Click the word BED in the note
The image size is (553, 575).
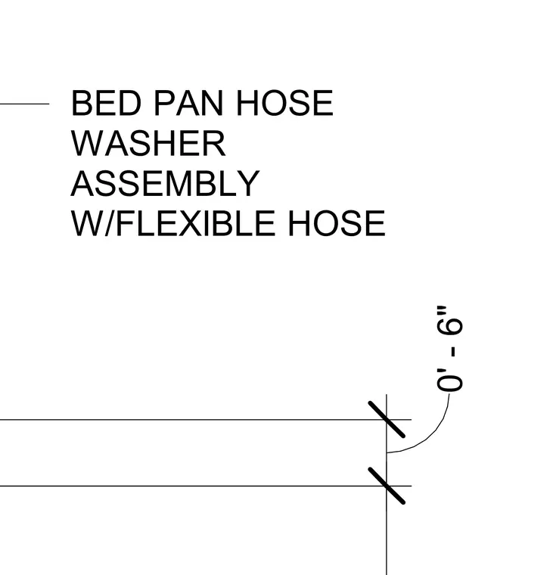click(x=106, y=103)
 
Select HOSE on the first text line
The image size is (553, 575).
click(x=285, y=103)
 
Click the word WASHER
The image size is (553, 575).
click(x=148, y=144)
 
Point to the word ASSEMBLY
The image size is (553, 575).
click(x=165, y=183)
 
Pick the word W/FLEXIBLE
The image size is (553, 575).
click(x=172, y=223)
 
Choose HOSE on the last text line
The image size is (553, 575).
click(x=337, y=223)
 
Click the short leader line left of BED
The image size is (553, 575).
click(x=24, y=104)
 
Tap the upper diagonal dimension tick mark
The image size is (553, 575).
click(x=387, y=419)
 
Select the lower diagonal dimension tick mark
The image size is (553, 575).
click(x=387, y=486)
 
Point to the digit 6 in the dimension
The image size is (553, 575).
click(x=449, y=327)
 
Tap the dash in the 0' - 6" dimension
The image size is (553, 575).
click(x=455, y=352)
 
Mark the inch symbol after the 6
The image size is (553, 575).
click(x=441, y=310)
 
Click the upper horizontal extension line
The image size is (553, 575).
click(x=206, y=419)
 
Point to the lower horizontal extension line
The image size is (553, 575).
click(x=206, y=486)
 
